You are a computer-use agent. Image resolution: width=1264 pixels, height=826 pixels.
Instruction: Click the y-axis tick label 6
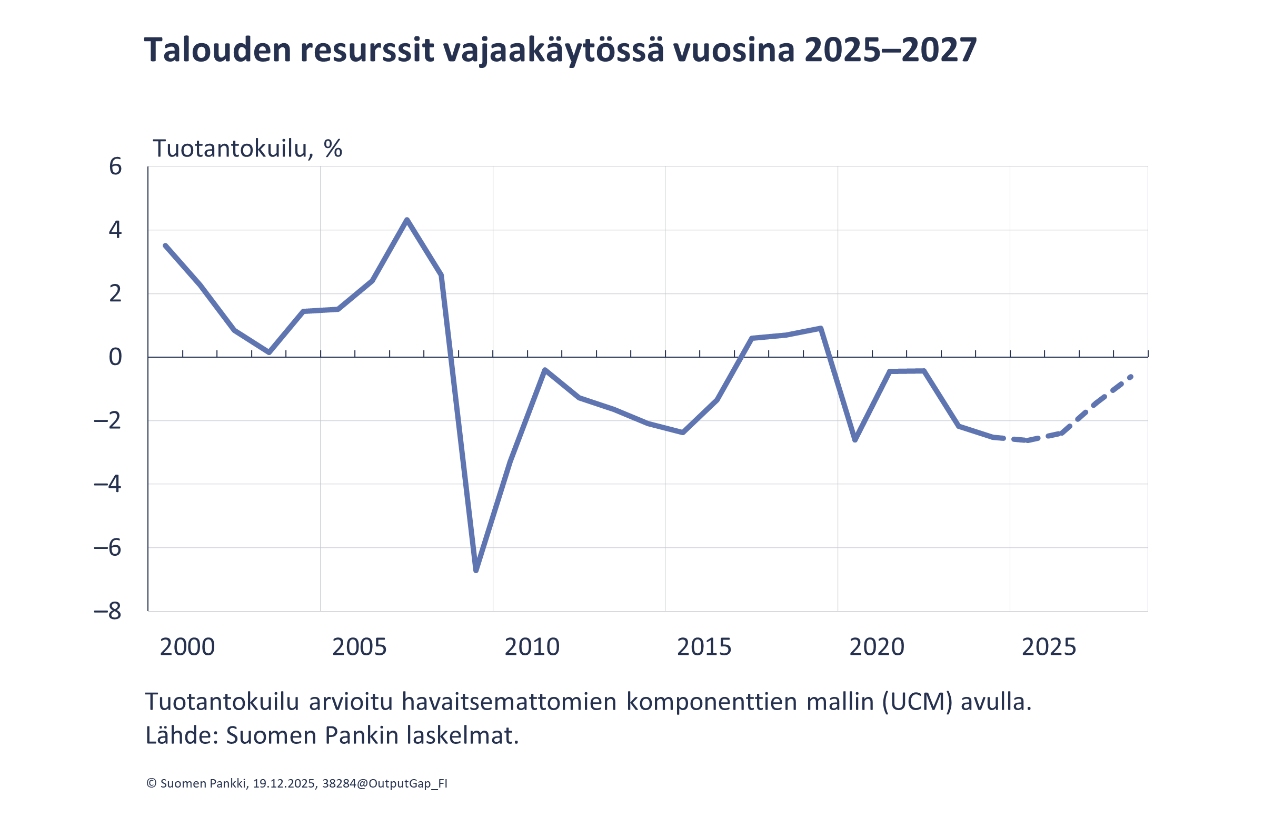115,167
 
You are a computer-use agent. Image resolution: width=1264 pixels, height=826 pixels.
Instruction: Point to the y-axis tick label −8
108,612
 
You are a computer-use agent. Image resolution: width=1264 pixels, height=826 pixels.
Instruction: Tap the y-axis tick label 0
115,358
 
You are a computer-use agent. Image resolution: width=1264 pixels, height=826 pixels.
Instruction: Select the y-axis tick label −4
108,485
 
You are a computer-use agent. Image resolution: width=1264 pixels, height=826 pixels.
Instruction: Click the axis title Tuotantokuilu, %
247,149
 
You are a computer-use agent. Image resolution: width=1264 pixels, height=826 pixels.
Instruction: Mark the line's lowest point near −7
476,571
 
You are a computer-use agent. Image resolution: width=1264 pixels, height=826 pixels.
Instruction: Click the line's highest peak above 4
407,220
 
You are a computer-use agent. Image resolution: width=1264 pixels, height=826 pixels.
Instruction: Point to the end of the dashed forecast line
1131,377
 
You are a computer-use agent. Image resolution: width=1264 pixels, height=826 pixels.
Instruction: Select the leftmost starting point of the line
165,245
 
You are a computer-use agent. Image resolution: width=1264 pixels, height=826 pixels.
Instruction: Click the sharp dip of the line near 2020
855,440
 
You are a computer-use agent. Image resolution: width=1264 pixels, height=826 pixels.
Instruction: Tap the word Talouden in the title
218,51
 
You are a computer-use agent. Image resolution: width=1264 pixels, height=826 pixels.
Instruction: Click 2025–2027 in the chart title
890,51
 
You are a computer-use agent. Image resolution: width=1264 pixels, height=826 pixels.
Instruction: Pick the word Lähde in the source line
178,736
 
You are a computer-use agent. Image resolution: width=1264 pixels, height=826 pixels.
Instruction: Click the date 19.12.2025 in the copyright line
284,783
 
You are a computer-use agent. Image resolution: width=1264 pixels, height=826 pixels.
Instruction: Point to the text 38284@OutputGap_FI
384,783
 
